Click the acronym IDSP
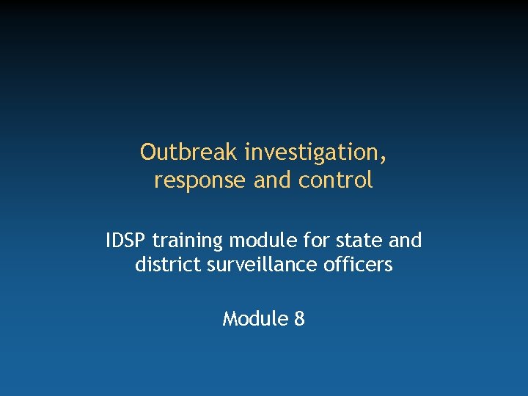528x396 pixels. click(126, 240)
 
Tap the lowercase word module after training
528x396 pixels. click(257, 240)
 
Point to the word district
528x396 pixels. click(164, 264)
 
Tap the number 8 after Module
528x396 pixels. click(298, 319)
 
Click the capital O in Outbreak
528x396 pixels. click(148, 152)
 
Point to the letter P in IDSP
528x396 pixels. click(142, 240)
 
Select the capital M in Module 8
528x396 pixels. click(230, 319)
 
